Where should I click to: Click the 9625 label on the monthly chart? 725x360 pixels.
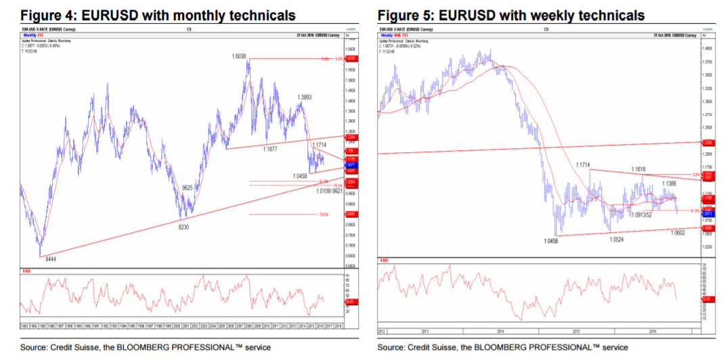(189, 187)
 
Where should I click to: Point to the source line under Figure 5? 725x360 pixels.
(502, 347)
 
